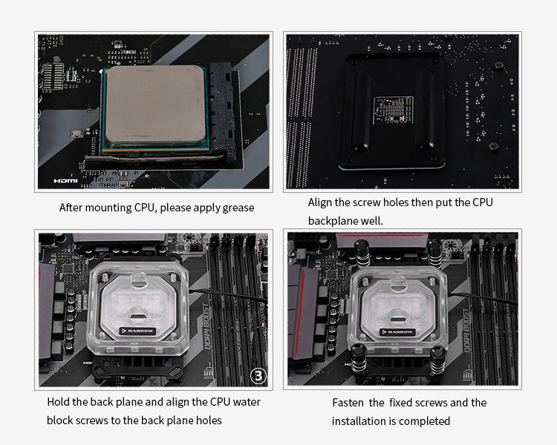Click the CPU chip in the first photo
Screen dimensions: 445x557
(155, 106)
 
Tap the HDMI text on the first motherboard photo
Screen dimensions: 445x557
(66, 180)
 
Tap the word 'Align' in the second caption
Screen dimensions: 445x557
(322, 202)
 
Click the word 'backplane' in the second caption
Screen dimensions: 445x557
(332, 221)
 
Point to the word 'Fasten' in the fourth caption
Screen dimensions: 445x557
(348, 403)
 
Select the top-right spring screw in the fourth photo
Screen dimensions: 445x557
(434, 252)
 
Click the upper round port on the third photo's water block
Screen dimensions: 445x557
(138, 280)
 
